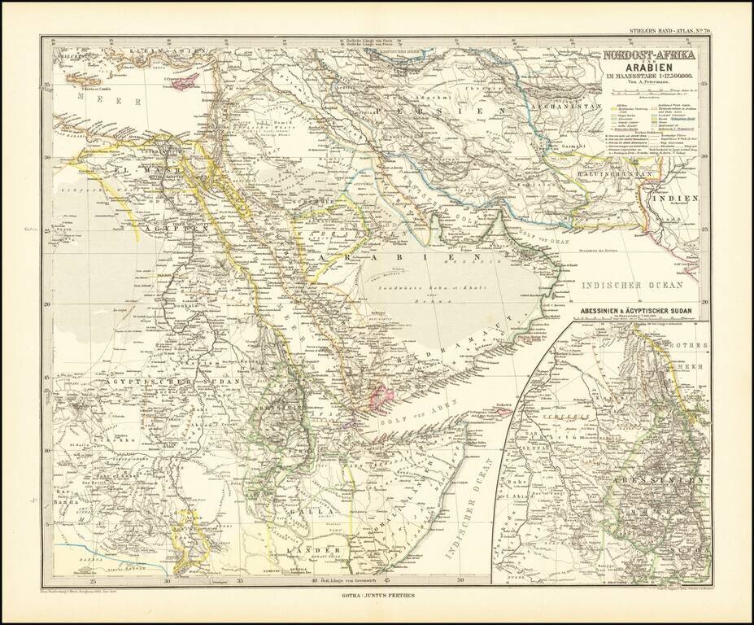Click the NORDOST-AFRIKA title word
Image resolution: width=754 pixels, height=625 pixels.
649,55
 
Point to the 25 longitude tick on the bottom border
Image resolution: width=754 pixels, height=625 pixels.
94,581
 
